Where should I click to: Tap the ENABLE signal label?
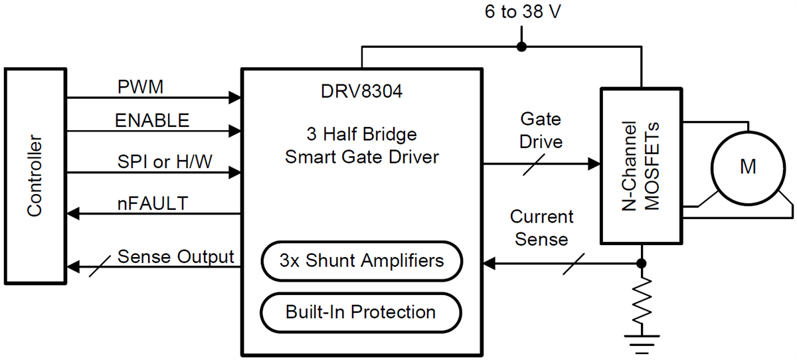(152, 120)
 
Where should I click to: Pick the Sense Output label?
(175, 256)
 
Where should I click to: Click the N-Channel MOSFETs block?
(641, 165)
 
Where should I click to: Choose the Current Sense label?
(541, 227)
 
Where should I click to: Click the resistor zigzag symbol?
(641, 298)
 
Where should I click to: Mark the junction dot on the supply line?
(521, 46)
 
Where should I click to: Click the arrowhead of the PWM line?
(233, 98)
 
